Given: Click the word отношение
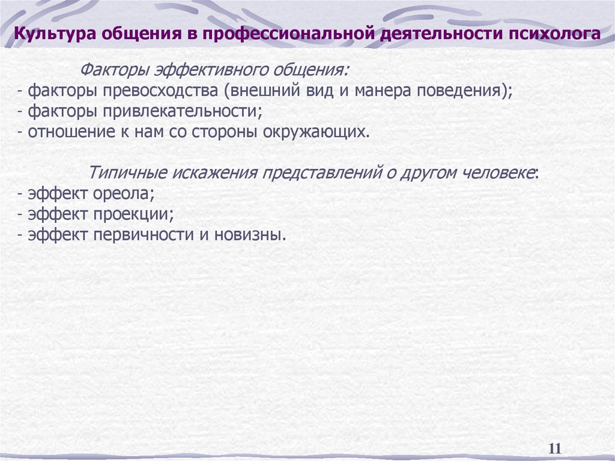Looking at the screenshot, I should pyautogui.click(x=63, y=132).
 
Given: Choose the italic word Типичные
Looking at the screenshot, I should pyautogui.click(x=129, y=173).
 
